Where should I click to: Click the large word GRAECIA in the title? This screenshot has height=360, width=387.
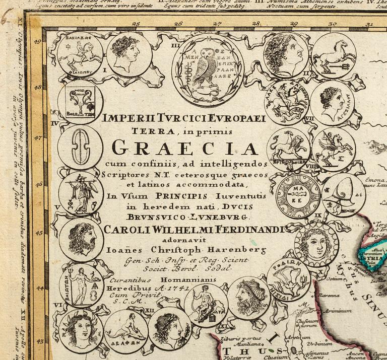pyautogui.click(x=184, y=148)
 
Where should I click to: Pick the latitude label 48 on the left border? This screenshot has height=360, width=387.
pyautogui.click(x=37, y=87)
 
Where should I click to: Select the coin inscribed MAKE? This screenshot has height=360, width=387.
pyautogui.click(x=298, y=196)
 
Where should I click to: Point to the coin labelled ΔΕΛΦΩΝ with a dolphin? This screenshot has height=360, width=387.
pyautogui.click(x=126, y=331)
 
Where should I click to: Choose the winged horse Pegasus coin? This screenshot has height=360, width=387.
pyautogui.click(x=333, y=149)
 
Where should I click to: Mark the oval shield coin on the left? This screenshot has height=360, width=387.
pyautogui.click(x=80, y=147)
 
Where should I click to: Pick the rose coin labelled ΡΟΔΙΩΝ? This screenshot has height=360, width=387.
pyautogui.click(x=288, y=280)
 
